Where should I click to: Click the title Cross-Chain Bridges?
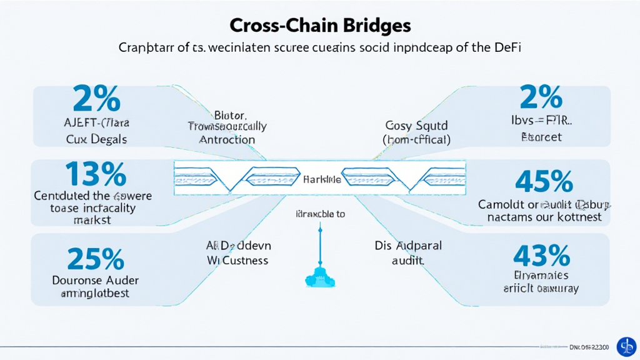[x=320, y=26]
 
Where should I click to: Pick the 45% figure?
[x=544, y=181]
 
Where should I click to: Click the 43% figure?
[x=541, y=256]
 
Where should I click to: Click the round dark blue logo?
[x=626, y=346]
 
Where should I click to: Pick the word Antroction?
[x=227, y=139]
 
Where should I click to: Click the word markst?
[x=92, y=221]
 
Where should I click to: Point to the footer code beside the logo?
[x=591, y=346]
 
